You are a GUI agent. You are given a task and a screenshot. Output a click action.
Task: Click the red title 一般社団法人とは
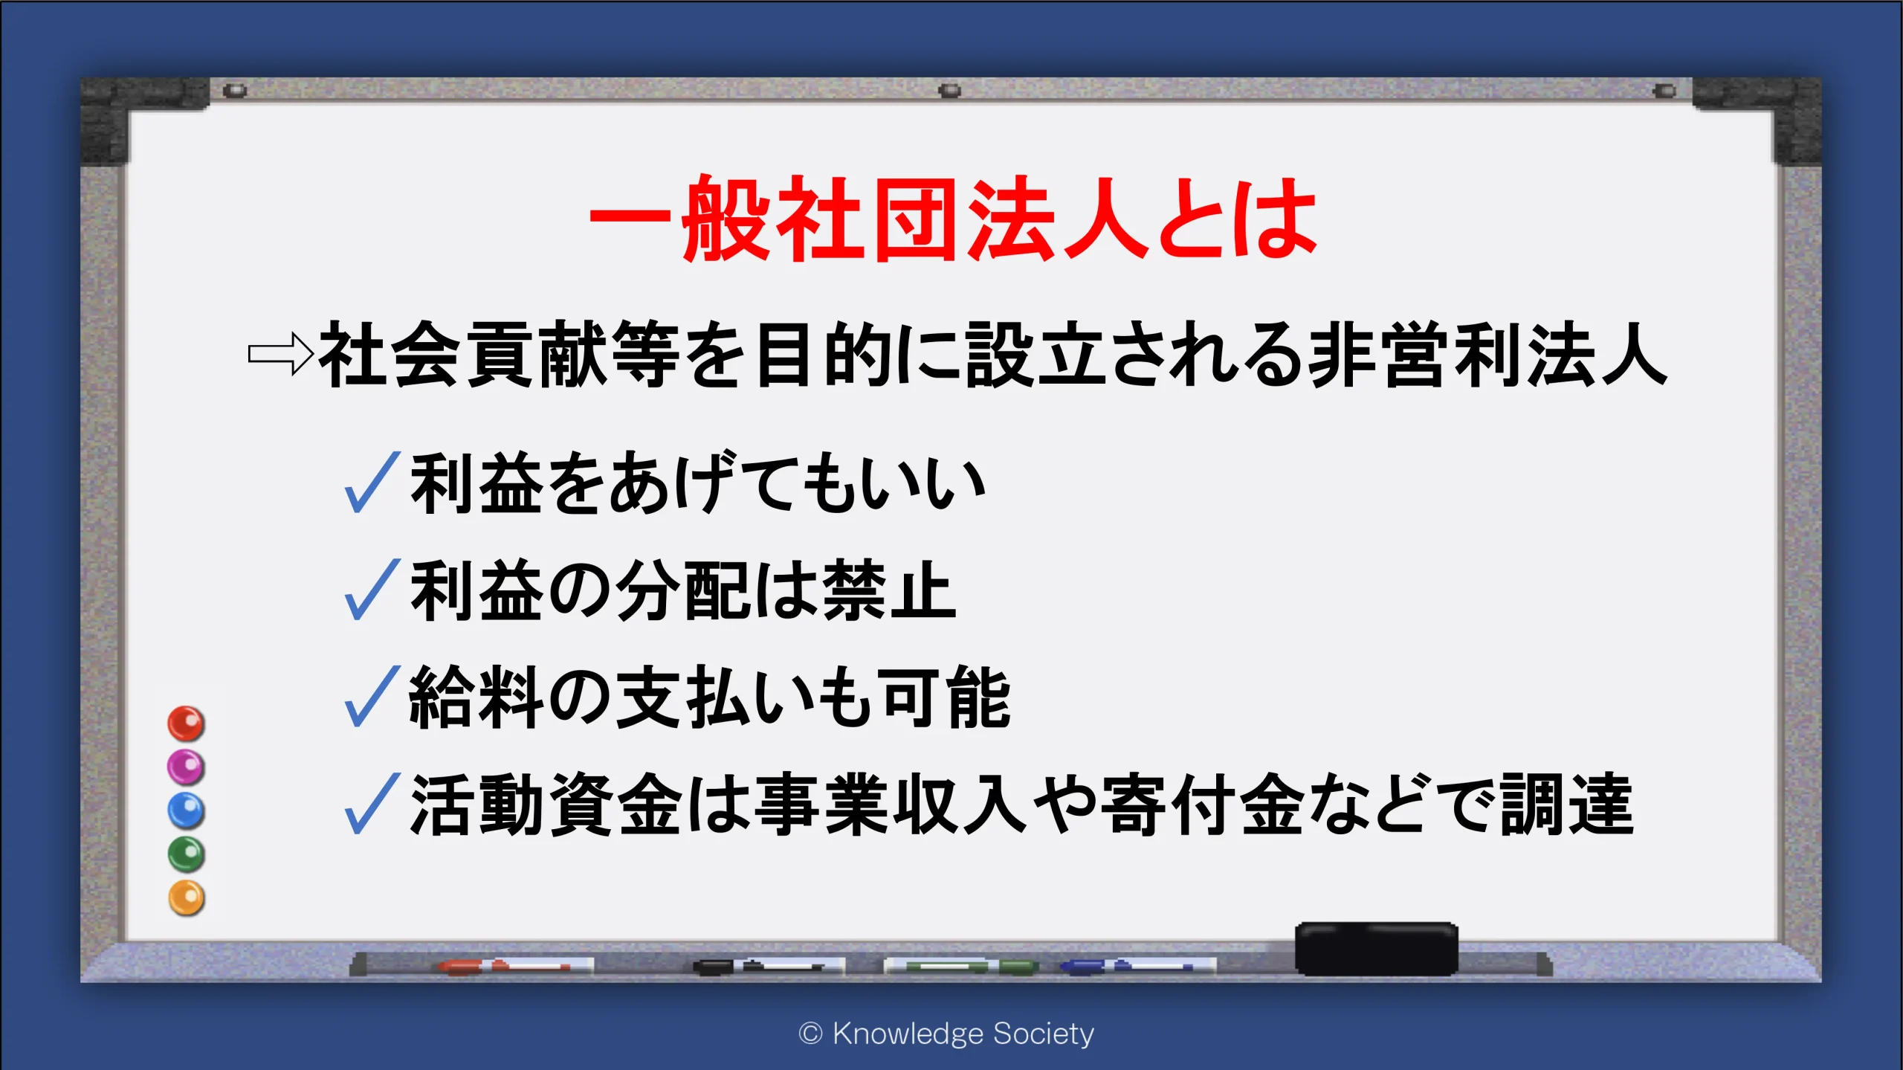953,218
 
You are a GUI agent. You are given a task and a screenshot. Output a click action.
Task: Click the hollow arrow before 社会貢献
280,354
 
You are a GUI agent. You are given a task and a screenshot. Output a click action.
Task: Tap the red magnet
186,723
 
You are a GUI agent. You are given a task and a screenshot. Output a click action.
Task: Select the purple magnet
186,767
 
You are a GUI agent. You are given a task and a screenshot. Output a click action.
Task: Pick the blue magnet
186,810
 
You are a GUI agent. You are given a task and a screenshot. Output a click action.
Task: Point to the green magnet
186,854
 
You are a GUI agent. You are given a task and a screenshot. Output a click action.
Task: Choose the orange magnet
186,897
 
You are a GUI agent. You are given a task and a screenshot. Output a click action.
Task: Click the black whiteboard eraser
1377,949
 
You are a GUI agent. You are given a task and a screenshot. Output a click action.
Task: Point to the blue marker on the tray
1137,966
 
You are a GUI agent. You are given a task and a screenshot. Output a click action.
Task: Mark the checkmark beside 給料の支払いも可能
372,696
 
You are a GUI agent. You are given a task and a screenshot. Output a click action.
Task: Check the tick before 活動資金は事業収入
372,803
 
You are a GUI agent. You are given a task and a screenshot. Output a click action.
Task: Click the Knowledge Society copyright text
946,1034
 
